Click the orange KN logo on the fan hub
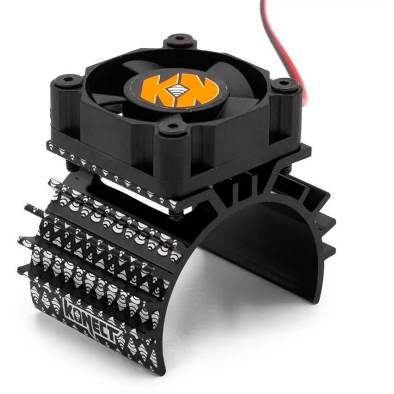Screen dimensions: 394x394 coord(179,90)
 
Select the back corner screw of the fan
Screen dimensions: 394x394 coord(179,39)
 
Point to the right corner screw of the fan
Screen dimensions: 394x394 coord(283,82)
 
